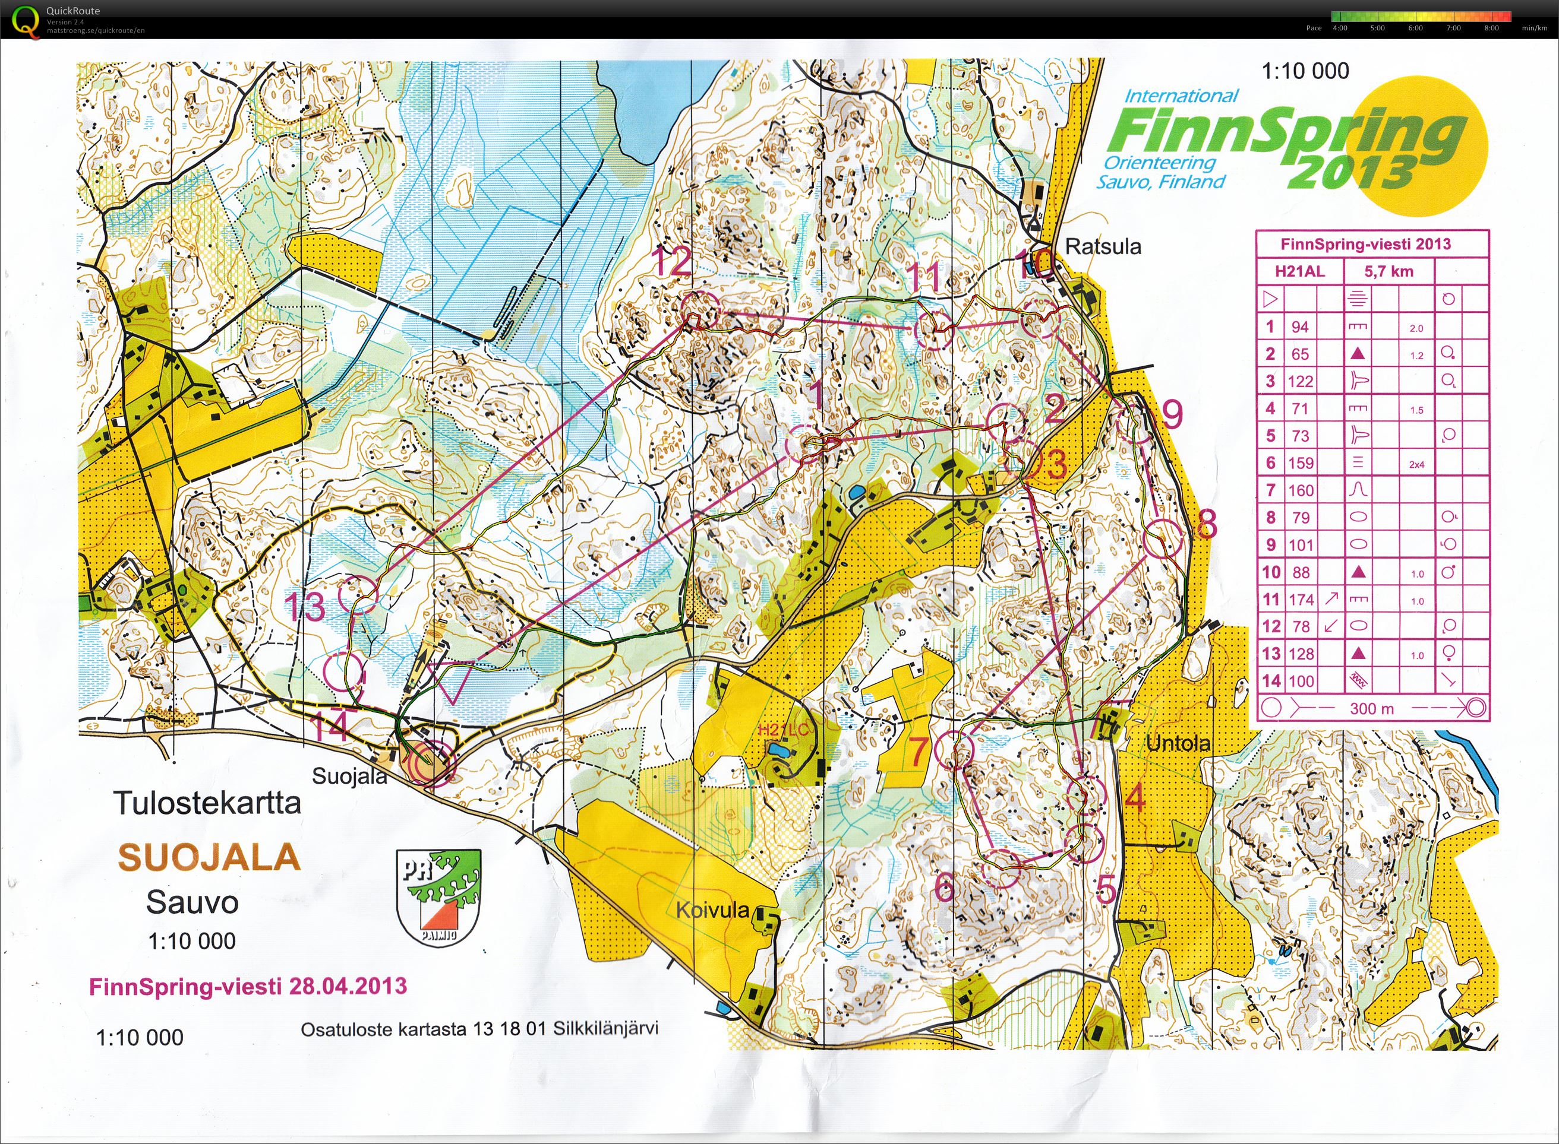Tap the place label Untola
1178,744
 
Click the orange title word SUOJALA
209,858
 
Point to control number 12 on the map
671,263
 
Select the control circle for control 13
358,594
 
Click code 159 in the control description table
1300,463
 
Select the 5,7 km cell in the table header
1388,271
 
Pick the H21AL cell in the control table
1300,271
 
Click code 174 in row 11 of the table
1300,600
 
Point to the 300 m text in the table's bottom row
1372,709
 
